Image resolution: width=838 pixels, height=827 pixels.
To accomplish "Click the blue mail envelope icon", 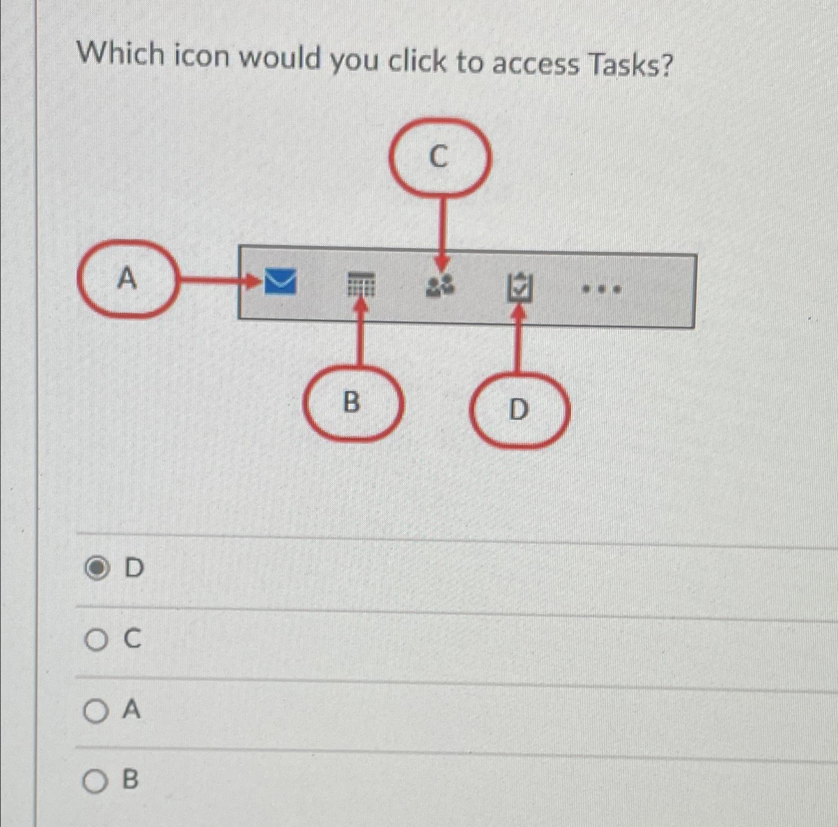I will pyautogui.click(x=280, y=282).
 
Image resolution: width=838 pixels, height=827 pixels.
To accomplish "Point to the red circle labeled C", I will pyautogui.click(x=439, y=157).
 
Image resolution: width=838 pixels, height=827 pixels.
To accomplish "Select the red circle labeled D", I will pyautogui.click(x=519, y=409).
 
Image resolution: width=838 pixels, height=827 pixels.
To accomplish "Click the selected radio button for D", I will pyautogui.click(x=96, y=568).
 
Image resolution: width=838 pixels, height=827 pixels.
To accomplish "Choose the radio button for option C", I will pyautogui.click(x=95, y=640).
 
